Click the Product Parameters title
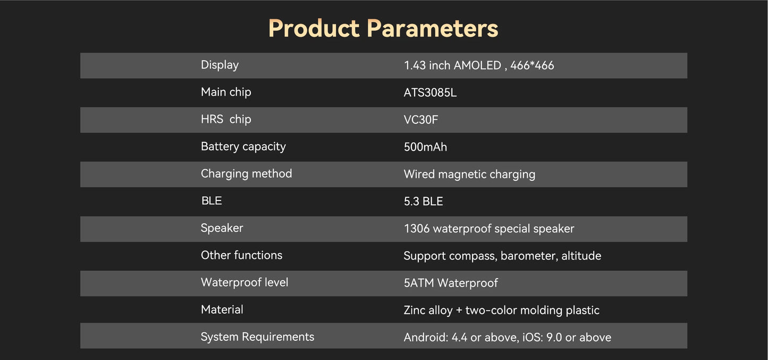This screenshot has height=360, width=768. click(x=383, y=28)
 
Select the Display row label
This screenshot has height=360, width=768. click(x=220, y=65)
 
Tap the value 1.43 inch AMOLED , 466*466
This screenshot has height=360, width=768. click(x=478, y=65)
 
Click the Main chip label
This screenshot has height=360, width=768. click(x=225, y=92)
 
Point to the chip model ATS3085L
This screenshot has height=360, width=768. click(x=430, y=93)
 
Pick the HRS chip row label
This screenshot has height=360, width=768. click(x=225, y=119)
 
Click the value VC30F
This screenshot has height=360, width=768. click(x=420, y=120)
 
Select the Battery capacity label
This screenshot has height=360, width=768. click(x=243, y=146)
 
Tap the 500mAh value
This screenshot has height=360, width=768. click(x=425, y=147)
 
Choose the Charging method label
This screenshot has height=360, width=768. click(x=246, y=173)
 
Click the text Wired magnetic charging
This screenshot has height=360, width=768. click(x=469, y=174)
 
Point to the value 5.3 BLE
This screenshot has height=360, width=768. click(x=423, y=202)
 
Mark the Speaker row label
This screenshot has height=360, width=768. click(x=222, y=228)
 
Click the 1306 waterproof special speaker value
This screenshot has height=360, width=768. click(x=488, y=229)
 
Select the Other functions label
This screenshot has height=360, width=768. click(x=241, y=255)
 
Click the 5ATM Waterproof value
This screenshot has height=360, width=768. click(x=450, y=283)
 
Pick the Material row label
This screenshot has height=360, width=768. click(x=222, y=309)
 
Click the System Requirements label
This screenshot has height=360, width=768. click(x=257, y=337)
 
